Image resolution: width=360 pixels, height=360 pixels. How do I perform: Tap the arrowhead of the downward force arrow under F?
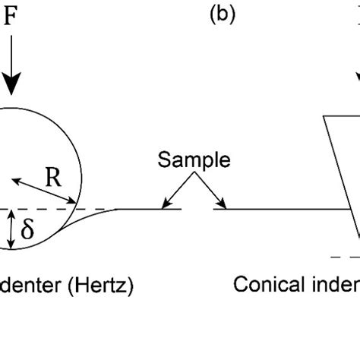(11, 85)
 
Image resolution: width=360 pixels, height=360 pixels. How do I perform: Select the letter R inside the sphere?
(53, 177)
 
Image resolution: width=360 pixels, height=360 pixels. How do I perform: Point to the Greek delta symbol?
(27, 229)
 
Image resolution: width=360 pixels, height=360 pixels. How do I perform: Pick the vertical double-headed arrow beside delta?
(10, 229)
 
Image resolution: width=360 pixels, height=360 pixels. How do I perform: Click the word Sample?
(194, 160)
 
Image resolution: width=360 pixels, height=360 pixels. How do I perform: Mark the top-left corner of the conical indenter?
(324, 116)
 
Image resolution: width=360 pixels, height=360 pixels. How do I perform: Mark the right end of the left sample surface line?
(181, 207)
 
